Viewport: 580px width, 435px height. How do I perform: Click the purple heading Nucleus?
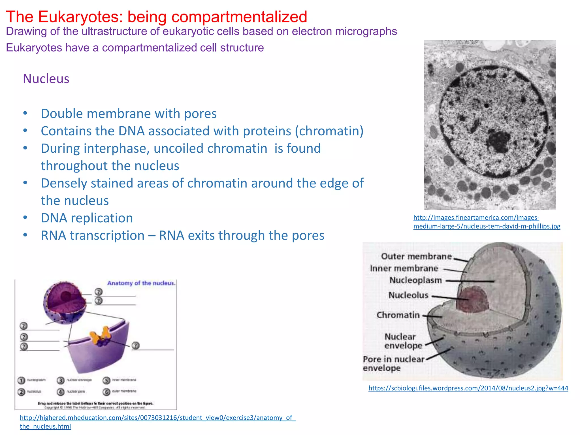[x=46, y=79]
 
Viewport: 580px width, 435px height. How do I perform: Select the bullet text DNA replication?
[x=87, y=218]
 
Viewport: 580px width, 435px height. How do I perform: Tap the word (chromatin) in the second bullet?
[x=329, y=131]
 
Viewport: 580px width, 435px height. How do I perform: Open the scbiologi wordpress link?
[x=468, y=388]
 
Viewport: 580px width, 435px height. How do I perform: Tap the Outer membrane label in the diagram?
[x=416, y=256]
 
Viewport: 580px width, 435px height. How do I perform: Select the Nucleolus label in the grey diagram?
[x=408, y=295]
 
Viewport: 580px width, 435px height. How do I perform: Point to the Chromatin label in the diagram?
[x=398, y=315]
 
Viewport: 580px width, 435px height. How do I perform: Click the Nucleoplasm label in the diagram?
[x=415, y=280]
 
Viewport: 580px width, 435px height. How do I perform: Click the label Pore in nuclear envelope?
[x=394, y=363]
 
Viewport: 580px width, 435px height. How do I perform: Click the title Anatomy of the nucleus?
[x=141, y=283]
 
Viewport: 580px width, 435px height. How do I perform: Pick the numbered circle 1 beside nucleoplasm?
[x=21, y=380]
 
